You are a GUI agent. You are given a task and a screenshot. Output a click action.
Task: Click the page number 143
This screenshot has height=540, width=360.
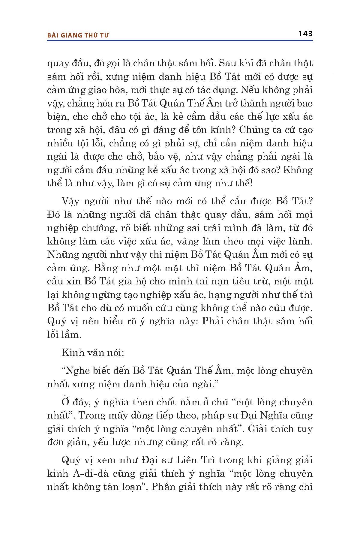click(305, 34)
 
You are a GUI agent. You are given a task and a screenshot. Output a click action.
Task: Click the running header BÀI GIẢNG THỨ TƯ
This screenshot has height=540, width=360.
click(78, 35)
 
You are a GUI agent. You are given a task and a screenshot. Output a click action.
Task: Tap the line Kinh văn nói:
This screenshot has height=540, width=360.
click(93, 353)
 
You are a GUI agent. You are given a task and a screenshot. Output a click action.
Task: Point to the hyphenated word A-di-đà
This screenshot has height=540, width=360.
click(90, 473)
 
